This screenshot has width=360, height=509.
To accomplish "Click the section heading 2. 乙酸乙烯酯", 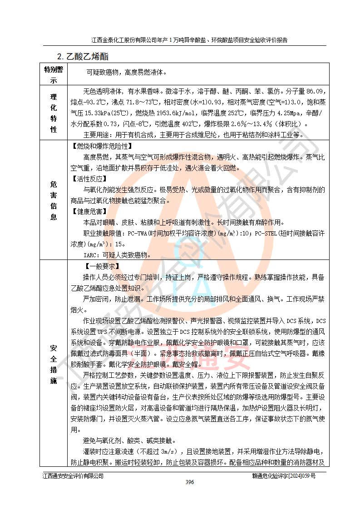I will coord(83,57).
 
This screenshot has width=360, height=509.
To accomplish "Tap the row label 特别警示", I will coord(54,75).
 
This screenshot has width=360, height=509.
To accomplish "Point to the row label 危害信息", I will coord(54,201).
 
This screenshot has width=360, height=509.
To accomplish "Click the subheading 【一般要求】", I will coord(102,266).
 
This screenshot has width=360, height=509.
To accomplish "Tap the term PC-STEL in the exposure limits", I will coord(268,234).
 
